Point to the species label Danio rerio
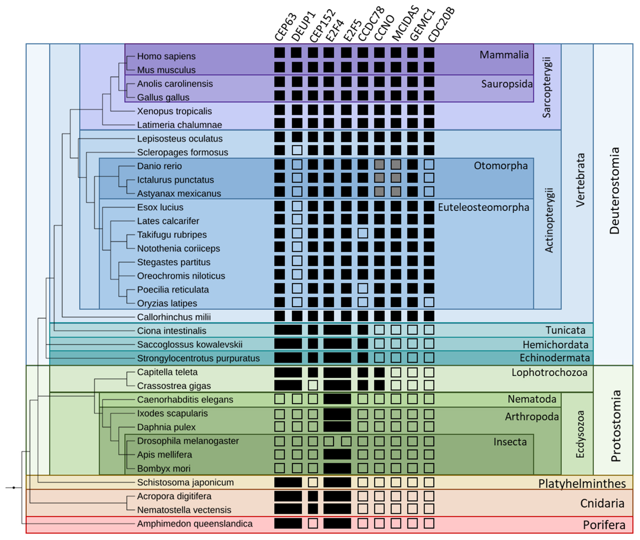159,166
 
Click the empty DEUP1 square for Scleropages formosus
297,150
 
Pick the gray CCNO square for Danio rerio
379,165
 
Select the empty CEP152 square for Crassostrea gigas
313,385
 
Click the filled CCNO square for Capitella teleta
379,373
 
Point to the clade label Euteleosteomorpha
483,208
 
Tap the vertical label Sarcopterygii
546,87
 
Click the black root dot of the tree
14,488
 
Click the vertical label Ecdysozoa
580,434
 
